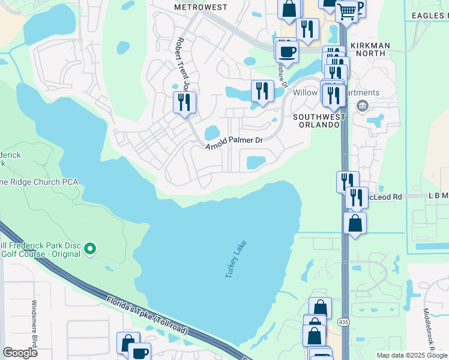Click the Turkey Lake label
tap(236, 259)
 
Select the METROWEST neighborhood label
tap(200, 7)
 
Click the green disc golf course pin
tap(90, 248)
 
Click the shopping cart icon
tap(346, 10)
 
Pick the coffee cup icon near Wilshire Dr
tap(287, 50)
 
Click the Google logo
tap(20, 353)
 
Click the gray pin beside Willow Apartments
tap(362, 106)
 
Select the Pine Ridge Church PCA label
tap(24, 182)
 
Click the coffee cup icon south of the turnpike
tap(140, 352)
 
